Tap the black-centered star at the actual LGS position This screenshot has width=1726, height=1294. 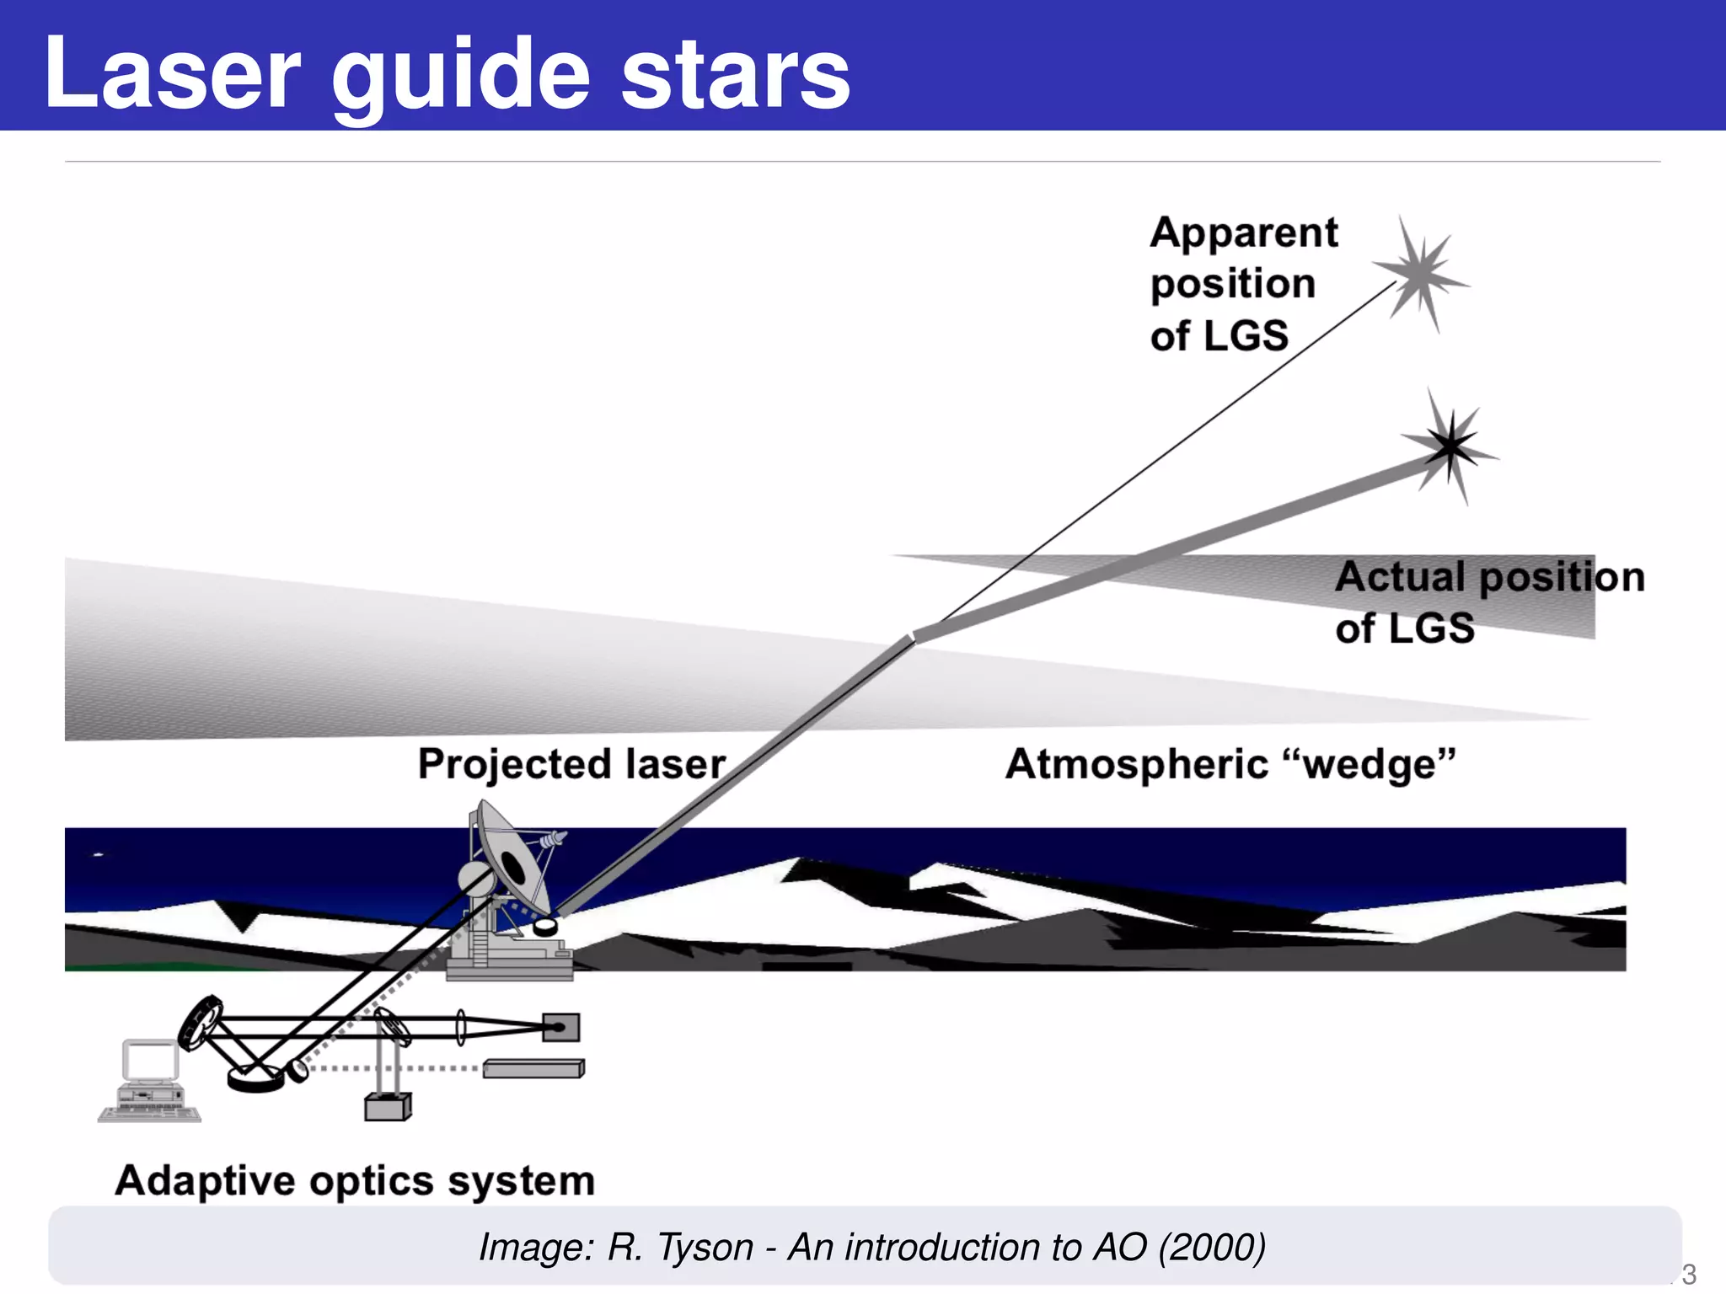[1450, 446]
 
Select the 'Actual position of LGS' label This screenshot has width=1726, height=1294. [1487, 602]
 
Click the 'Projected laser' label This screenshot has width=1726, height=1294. [571, 764]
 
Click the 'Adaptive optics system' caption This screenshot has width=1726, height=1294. [355, 1180]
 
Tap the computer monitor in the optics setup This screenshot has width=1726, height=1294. [150, 1062]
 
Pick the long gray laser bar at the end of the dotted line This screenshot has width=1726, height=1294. [533, 1069]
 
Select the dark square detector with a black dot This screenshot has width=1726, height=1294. [560, 1027]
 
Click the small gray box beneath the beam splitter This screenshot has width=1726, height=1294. [388, 1107]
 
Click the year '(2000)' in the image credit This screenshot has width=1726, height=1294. [1212, 1247]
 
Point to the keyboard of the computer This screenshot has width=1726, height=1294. [150, 1114]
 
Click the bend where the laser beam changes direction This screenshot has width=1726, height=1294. [913, 637]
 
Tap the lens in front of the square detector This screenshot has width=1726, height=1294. [461, 1028]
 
